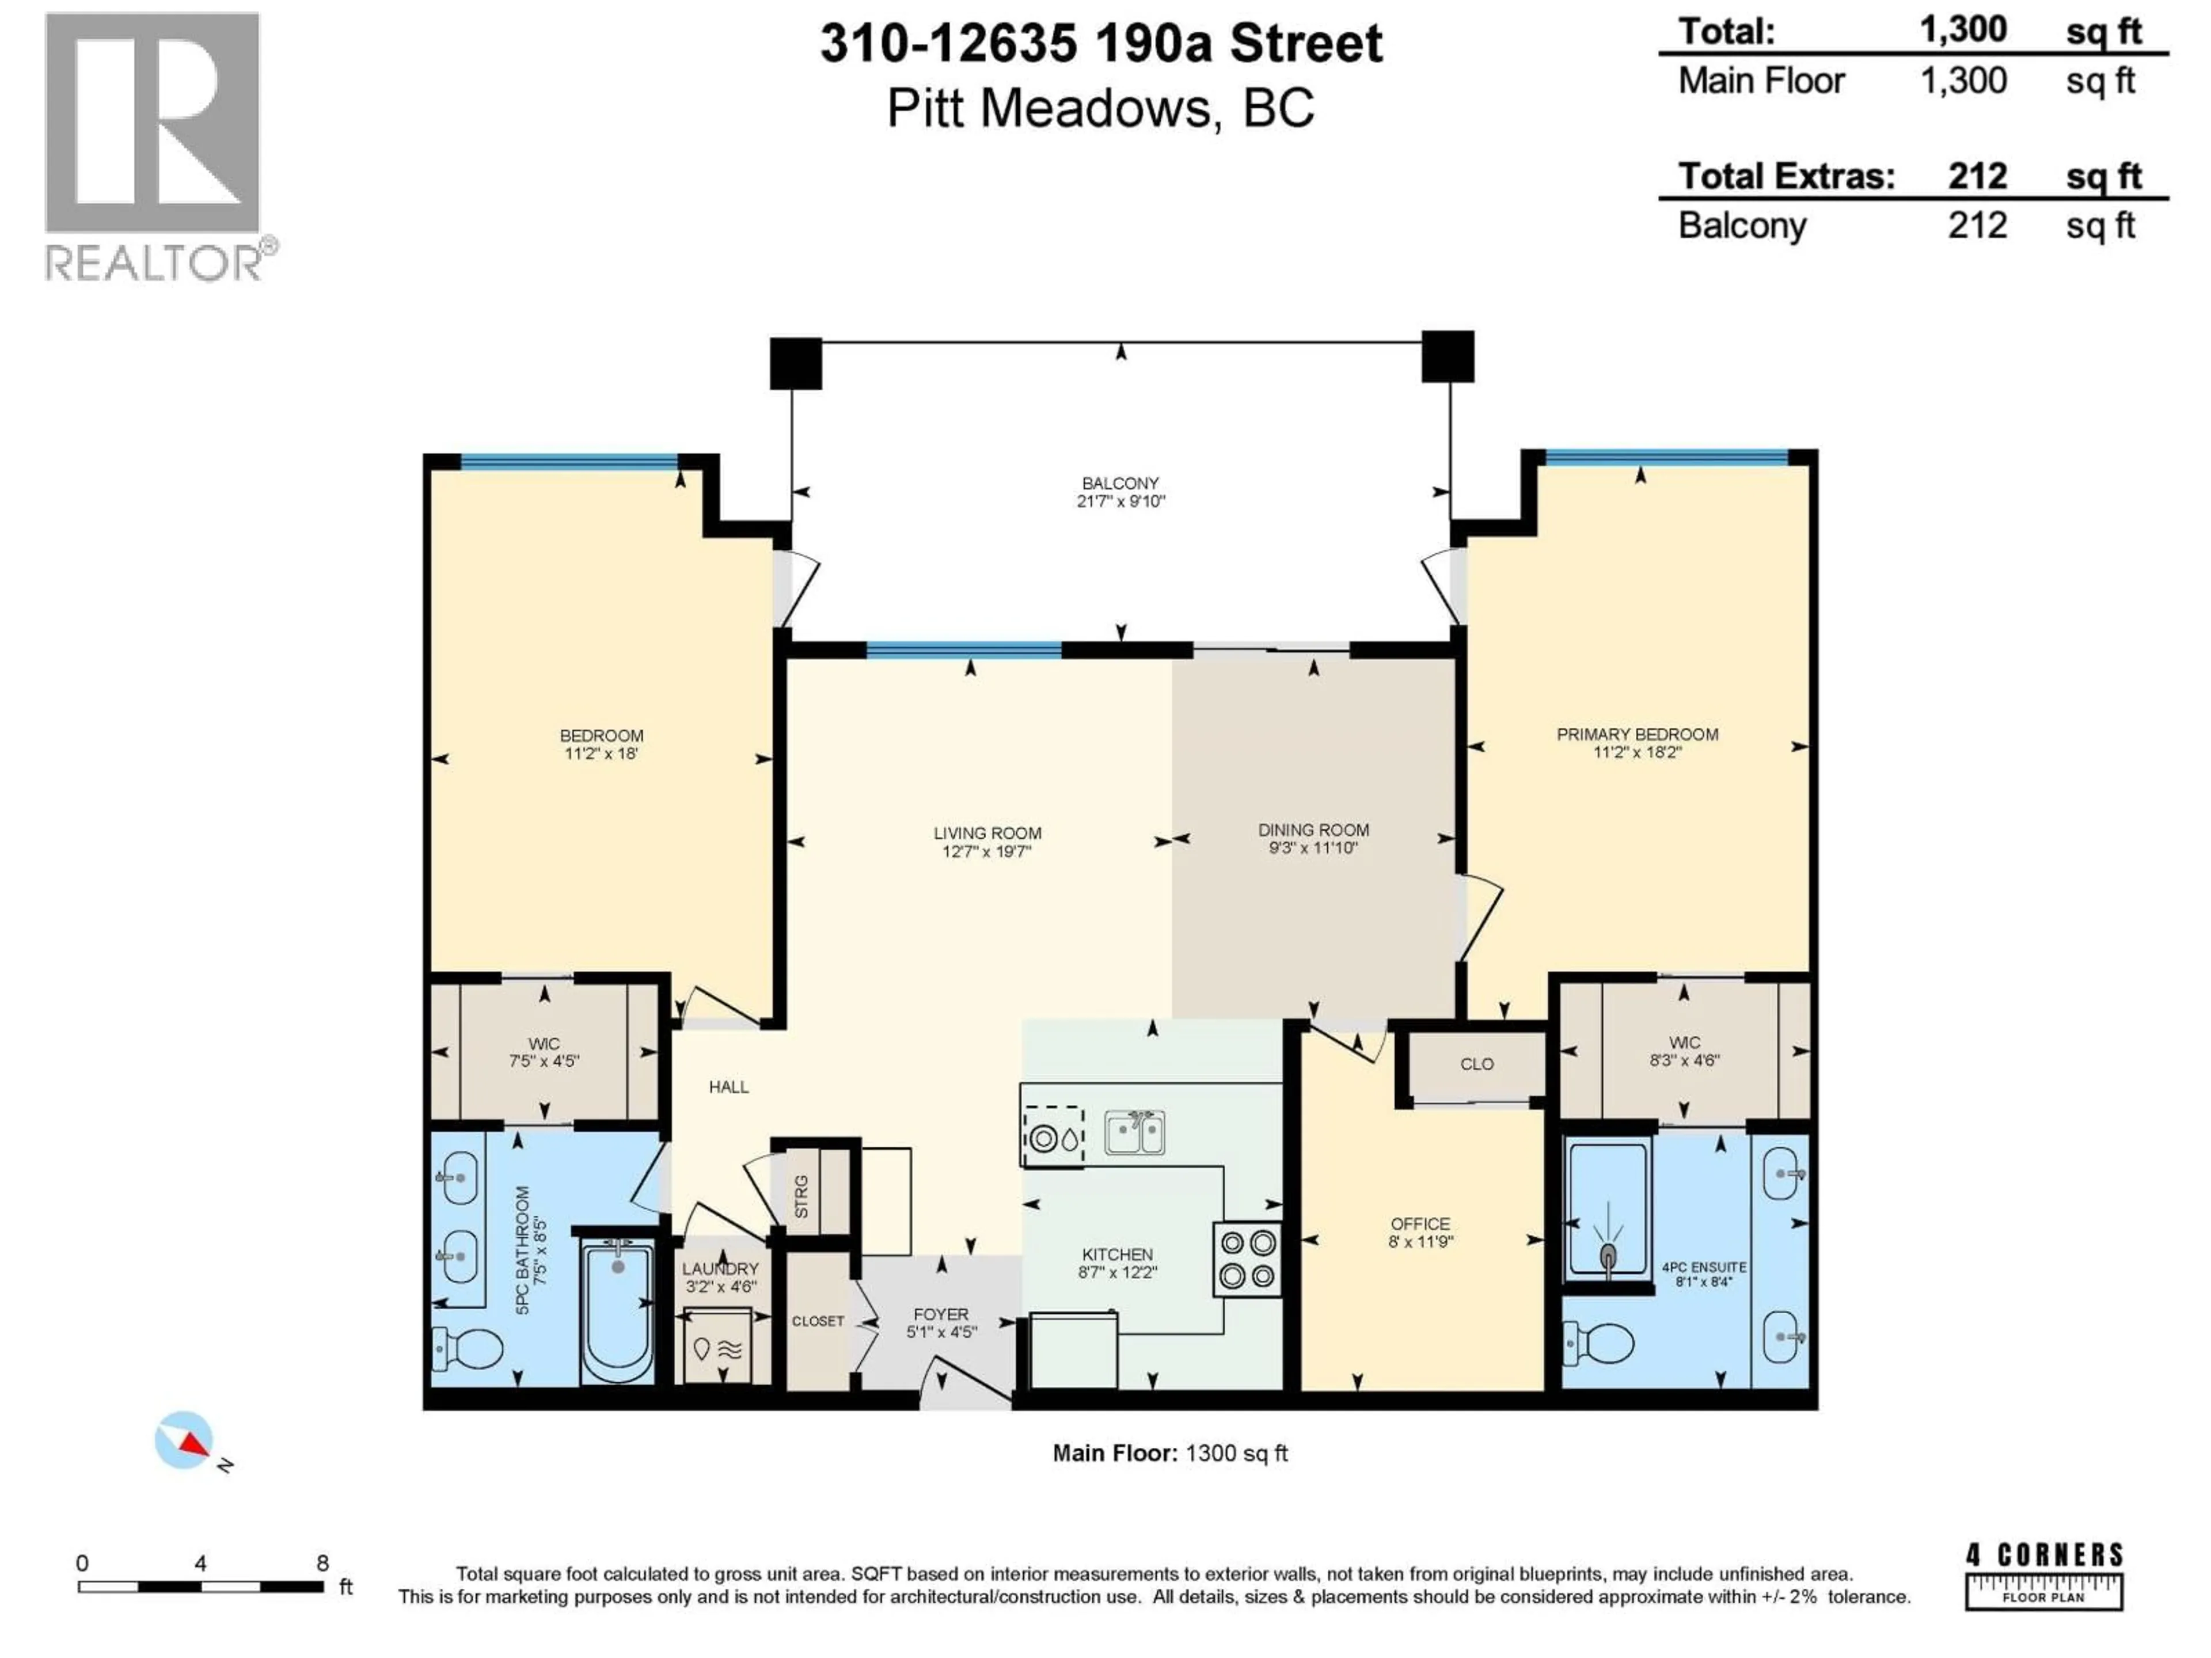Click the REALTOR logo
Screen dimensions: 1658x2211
(x=160, y=146)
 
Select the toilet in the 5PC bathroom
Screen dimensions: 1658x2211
(x=468, y=1349)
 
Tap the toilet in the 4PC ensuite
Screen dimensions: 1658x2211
(x=1600, y=1342)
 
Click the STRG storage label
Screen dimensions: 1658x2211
(x=801, y=1196)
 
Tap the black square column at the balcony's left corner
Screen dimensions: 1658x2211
(x=796, y=363)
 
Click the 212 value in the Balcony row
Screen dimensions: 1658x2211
(x=1976, y=226)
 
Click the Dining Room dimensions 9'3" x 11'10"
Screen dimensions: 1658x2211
(x=1312, y=849)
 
